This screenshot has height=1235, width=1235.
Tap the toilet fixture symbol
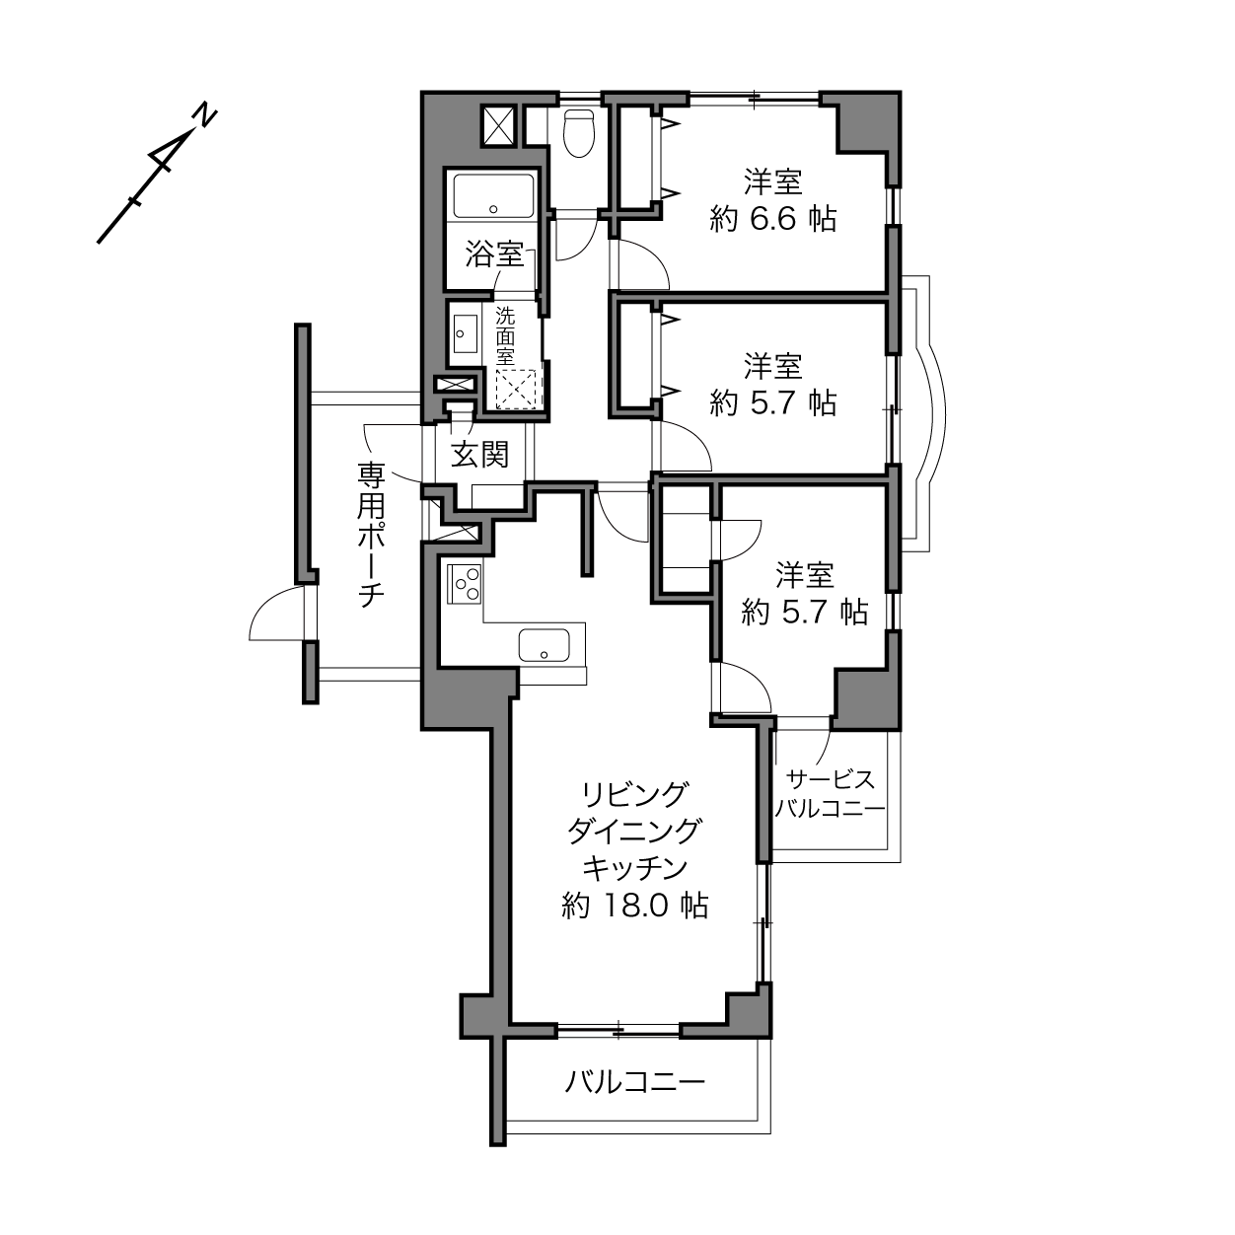[x=579, y=132]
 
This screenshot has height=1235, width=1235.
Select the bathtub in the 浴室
[x=493, y=196]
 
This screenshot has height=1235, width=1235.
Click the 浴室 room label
[x=494, y=254]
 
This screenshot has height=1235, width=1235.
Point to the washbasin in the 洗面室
[x=466, y=333]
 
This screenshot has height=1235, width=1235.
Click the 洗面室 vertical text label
[x=505, y=335]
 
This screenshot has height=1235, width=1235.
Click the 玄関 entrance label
[x=480, y=455]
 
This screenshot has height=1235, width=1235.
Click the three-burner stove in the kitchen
[x=465, y=583]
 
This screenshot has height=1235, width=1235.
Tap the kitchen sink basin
[x=545, y=645]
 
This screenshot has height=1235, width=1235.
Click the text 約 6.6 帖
[x=773, y=220]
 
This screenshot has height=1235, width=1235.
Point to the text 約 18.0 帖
[x=634, y=907]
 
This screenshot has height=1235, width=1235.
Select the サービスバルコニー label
[x=830, y=794]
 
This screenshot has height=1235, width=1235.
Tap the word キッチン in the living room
[x=634, y=868]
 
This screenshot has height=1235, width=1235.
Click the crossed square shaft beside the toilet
[x=498, y=125]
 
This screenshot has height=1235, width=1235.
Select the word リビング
[x=634, y=794]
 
